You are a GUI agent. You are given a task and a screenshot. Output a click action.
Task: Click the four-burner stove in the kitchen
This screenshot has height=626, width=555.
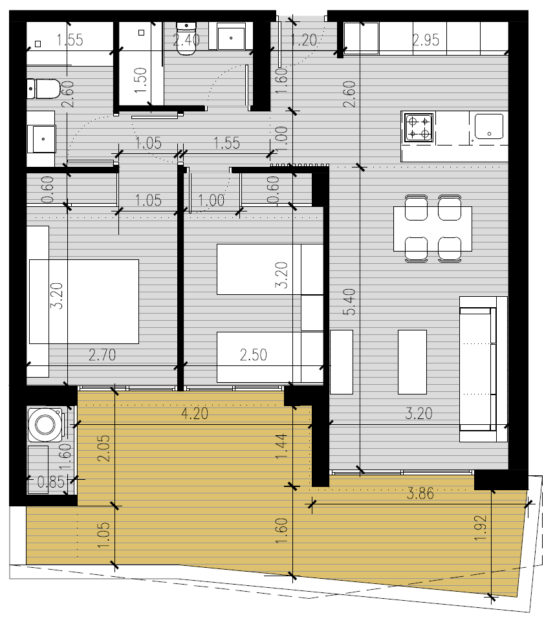click(x=419, y=128)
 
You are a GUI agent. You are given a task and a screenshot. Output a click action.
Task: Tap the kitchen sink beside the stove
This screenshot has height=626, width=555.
click(x=489, y=126)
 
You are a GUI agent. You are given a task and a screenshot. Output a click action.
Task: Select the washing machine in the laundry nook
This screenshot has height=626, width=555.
click(x=45, y=424)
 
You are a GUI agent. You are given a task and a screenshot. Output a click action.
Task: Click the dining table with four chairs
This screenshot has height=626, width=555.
click(x=433, y=228)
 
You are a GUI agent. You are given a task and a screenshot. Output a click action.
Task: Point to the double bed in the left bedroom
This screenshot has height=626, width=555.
click(x=84, y=301)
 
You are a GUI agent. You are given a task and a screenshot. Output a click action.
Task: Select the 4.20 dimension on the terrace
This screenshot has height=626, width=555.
click(x=195, y=414)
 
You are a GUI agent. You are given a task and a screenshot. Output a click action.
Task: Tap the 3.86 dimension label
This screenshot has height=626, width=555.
click(x=420, y=494)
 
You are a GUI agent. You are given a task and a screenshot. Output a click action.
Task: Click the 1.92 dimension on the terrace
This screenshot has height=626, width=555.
click(x=481, y=528)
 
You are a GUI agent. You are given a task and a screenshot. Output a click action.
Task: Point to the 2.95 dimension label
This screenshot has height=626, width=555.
click(x=426, y=40)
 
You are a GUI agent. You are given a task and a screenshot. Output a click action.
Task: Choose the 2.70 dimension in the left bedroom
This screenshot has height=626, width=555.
click(x=102, y=355)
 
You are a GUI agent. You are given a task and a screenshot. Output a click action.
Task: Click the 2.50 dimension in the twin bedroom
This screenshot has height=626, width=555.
click(x=254, y=355)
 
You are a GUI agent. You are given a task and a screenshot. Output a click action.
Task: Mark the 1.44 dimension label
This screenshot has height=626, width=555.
click(x=281, y=446)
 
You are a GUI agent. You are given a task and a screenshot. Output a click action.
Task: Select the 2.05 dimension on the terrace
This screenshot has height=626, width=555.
click(x=103, y=448)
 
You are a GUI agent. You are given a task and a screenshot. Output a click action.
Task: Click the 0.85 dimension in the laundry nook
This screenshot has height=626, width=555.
click(x=50, y=482)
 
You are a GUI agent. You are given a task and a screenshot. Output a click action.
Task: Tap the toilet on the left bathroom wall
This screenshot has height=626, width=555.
click(x=43, y=89)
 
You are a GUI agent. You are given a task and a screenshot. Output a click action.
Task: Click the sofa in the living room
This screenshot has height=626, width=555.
click(x=484, y=369)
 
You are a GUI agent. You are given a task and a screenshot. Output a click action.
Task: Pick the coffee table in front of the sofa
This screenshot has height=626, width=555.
click(x=413, y=362)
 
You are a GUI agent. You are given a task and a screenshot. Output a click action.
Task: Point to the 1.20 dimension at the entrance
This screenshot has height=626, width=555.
click(x=303, y=40)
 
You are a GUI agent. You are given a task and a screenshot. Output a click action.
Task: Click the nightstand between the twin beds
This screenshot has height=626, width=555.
click(x=312, y=313)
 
